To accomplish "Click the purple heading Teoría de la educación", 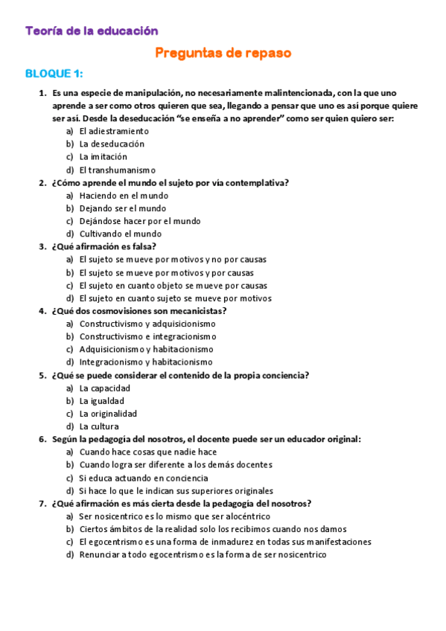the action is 92,31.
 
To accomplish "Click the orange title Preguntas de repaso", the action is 223,53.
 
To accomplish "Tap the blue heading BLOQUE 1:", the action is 54,74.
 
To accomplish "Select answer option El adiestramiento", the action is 114,131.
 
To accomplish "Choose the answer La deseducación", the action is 112,144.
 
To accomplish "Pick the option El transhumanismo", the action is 117,170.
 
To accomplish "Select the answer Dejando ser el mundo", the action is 123,208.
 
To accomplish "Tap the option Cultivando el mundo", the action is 120,234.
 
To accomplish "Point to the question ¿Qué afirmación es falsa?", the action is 104,246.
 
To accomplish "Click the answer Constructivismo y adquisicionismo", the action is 147,324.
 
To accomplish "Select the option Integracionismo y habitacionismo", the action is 146,362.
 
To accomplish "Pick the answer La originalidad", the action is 108,414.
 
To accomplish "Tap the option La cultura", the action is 99,426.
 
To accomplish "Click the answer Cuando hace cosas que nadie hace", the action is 147,452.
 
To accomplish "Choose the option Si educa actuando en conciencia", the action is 147,478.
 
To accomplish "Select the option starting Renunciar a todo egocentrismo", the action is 203,554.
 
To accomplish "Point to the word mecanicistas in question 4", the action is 197,311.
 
